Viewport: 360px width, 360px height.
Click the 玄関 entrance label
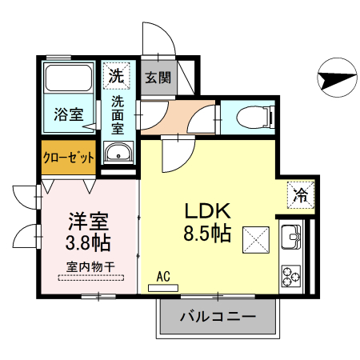point(158,78)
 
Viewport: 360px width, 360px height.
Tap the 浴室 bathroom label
point(70,114)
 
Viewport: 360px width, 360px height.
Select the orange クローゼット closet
point(69,158)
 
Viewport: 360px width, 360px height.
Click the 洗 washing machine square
point(117,77)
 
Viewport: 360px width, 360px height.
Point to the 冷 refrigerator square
point(302,194)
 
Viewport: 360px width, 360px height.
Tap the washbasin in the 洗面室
point(118,152)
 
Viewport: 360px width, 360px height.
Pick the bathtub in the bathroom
point(69,79)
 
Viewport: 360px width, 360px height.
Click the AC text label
point(163,276)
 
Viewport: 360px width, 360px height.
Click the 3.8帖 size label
point(89,240)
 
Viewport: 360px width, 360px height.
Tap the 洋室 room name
point(89,218)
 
